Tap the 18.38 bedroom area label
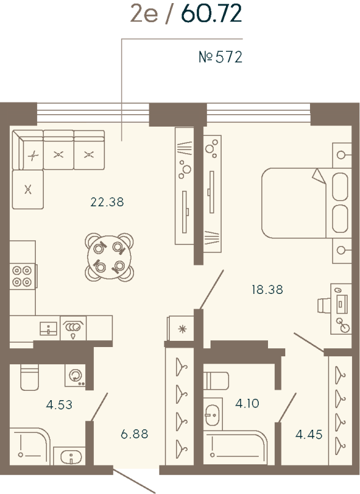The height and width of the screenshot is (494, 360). click(x=267, y=289)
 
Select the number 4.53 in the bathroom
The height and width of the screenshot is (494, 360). click(x=59, y=406)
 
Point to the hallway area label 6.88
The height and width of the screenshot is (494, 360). click(x=135, y=434)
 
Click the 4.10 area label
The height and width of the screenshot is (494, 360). click(x=247, y=404)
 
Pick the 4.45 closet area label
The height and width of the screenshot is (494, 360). click(x=308, y=434)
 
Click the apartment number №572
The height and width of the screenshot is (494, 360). click(x=220, y=57)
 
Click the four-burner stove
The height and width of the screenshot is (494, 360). click(x=22, y=275)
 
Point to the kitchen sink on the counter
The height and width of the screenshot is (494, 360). click(x=49, y=327)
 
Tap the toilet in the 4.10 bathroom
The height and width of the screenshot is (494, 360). click(x=217, y=380)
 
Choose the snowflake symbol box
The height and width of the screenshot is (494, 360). click(x=180, y=328)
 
